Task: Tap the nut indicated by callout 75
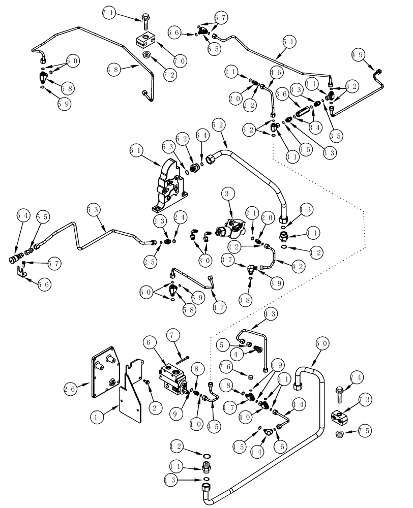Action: pos(340,433)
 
